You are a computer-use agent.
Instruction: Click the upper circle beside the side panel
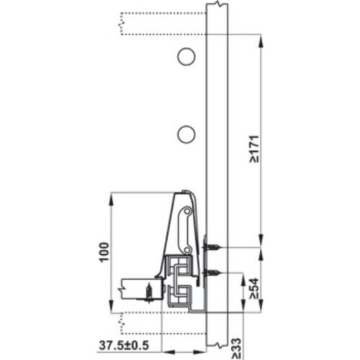[186, 56]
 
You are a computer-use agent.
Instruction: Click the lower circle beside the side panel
[186, 133]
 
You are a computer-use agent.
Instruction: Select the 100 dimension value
[104, 251]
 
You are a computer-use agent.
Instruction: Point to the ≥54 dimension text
[254, 289]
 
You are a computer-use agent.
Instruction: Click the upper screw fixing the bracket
[212, 248]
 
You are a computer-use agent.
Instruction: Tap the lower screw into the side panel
[212, 273]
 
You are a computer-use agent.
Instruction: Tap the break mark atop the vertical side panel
[217, 6]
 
